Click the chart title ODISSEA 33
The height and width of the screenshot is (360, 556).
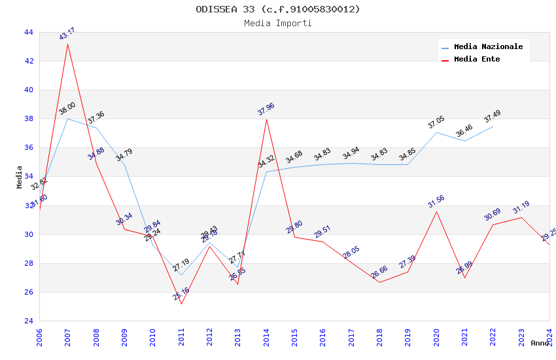click(278, 9)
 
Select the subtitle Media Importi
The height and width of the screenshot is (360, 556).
click(278, 23)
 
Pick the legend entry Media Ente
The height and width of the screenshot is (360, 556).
click(477, 59)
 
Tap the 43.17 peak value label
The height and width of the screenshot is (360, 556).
click(67, 34)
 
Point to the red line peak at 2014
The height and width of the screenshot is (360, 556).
click(266, 119)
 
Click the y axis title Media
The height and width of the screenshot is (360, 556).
click(20, 177)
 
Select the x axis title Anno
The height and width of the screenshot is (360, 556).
click(540, 343)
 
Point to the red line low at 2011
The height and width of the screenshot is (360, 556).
click(181, 304)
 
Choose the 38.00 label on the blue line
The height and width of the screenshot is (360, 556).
click(67, 109)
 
